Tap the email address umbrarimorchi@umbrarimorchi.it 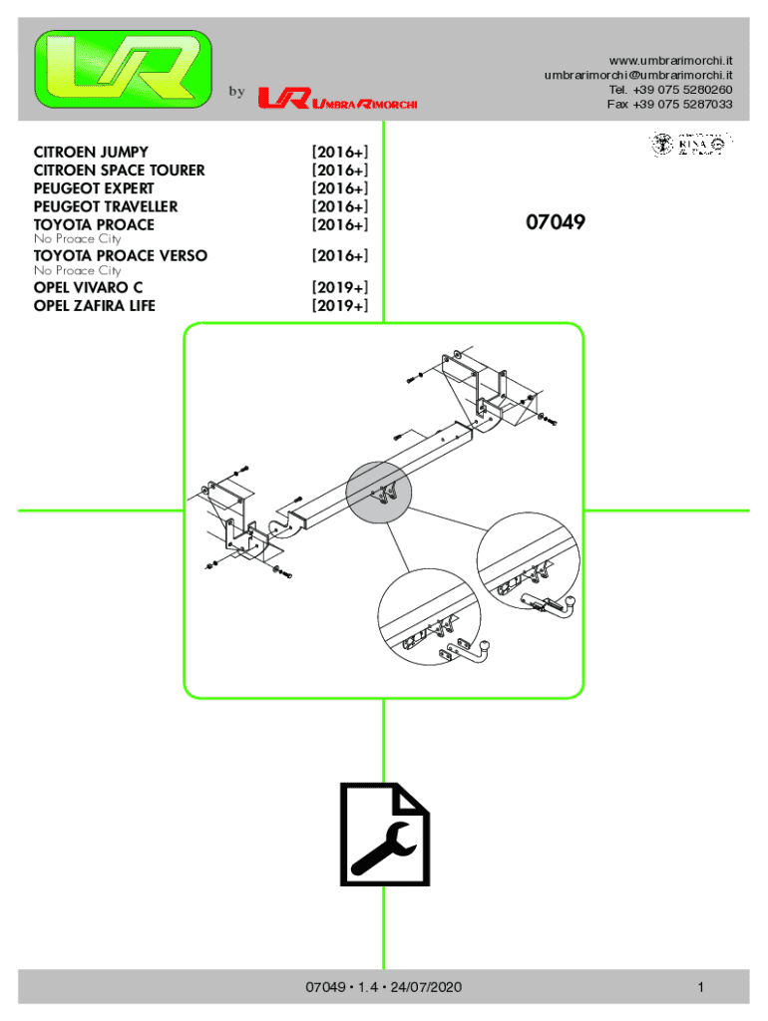pyautogui.click(x=638, y=75)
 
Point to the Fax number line pyautogui.click(x=669, y=104)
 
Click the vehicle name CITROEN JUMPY pyautogui.click(x=91, y=153)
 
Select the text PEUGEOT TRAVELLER pyautogui.click(x=106, y=206)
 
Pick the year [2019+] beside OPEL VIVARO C pyautogui.click(x=339, y=288)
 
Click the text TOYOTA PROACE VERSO pyautogui.click(x=121, y=256)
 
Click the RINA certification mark pyautogui.click(x=692, y=145)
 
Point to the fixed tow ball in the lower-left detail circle pyautogui.click(x=482, y=651)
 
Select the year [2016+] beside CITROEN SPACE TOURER pyautogui.click(x=339, y=170)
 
